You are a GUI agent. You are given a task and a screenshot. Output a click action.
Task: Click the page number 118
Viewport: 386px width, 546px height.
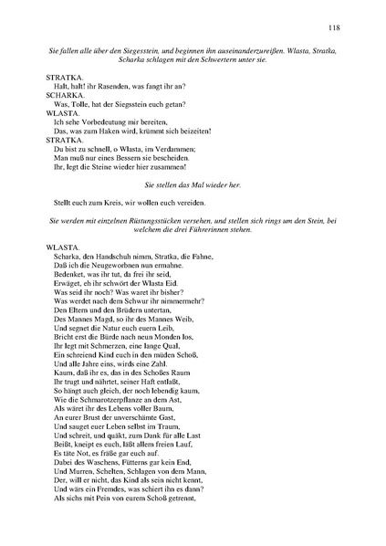coord(333,28)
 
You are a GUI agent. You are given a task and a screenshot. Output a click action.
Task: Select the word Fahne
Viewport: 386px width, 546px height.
coord(198,258)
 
